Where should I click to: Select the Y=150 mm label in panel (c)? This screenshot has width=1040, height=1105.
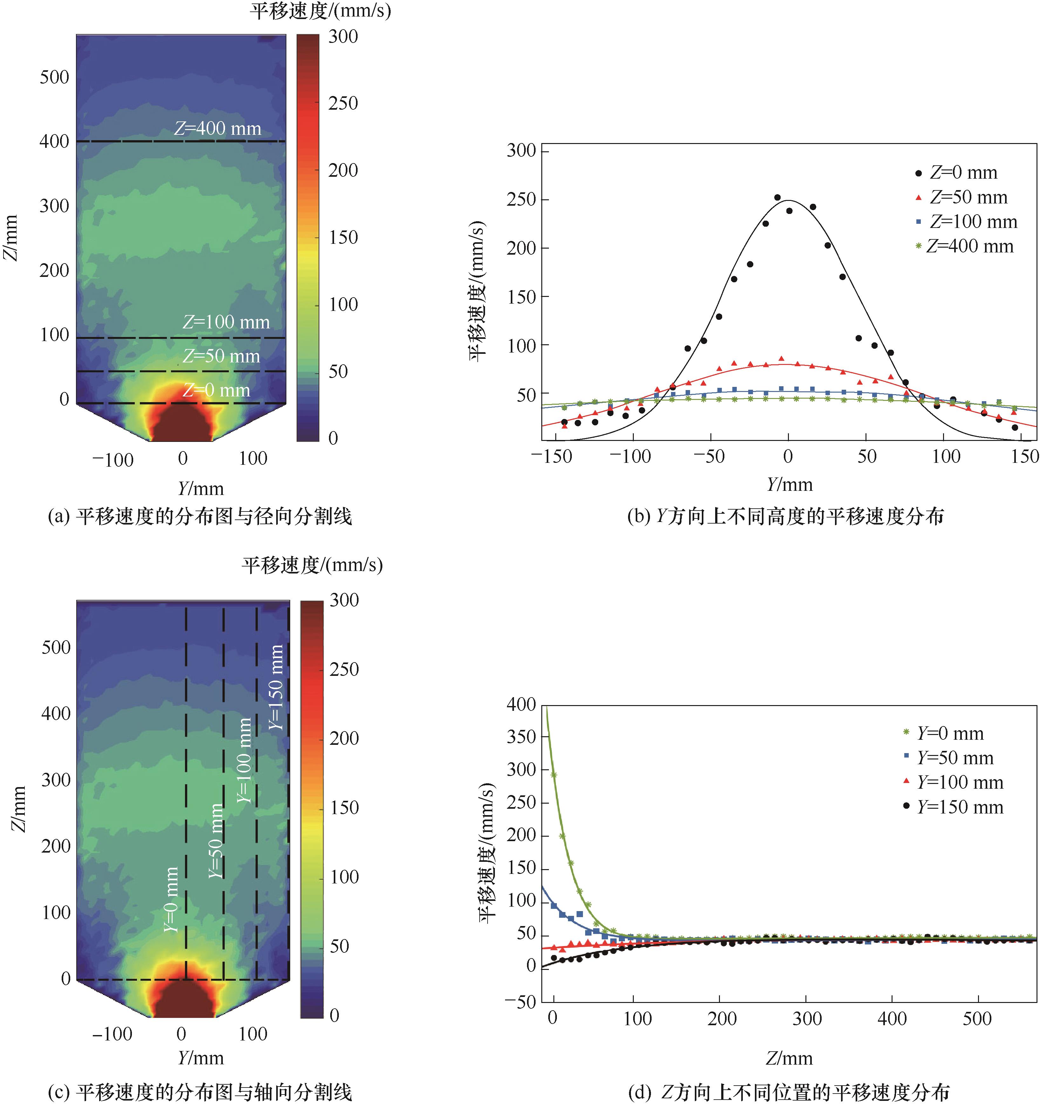(x=276, y=687)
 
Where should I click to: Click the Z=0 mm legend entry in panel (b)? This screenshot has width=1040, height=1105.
(x=963, y=173)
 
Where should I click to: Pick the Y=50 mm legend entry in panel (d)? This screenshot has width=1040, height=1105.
(x=955, y=758)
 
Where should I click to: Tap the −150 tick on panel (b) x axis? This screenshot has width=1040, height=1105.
(x=551, y=457)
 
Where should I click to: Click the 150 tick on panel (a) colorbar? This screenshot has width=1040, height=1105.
(x=343, y=238)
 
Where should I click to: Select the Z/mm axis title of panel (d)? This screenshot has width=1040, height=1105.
(x=789, y=1058)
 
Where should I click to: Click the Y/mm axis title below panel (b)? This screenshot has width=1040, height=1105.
(x=789, y=485)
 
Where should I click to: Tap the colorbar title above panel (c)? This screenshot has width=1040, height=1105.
(x=312, y=565)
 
